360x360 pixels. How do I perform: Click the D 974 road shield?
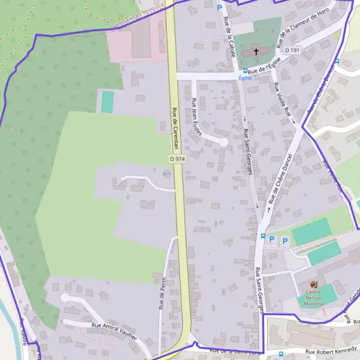(x=176, y=158)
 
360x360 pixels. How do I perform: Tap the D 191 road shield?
(x=292, y=50)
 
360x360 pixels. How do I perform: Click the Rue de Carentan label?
(x=175, y=124)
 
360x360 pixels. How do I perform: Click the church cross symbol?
(x=256, y=52)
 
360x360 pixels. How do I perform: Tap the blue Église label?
(x=245, y=78)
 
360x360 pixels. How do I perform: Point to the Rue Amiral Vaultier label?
(x=114, y=331)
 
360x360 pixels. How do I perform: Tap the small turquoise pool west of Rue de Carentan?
(x=107, y=101)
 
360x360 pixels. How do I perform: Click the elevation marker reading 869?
(x=167, y=174)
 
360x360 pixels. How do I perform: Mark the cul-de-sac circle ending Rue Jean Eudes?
(x=224, y=142)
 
